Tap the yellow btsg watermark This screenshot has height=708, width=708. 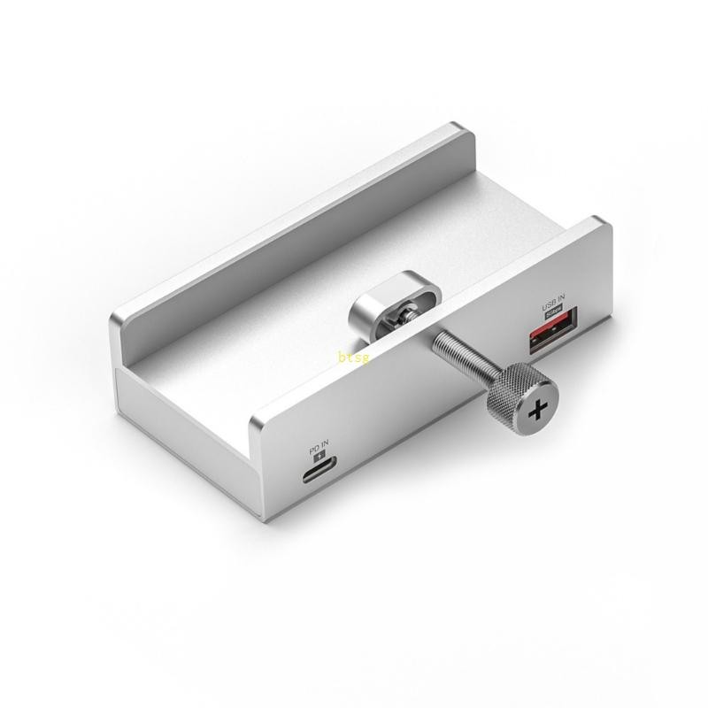[351, 358]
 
